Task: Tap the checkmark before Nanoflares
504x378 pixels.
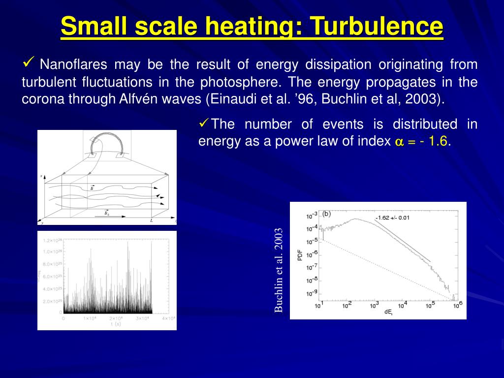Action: click(28, 63)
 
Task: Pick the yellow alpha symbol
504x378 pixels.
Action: click(399, 142)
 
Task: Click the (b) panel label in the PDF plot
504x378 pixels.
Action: click(326, 214)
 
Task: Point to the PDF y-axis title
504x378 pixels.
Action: click(299, 254)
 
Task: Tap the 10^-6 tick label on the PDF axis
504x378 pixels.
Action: click(313, 254)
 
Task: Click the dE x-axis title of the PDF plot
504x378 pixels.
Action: click(389, 313)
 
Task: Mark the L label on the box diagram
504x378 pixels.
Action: click(151, 220)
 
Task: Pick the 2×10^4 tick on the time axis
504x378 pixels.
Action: click(116, 318)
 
